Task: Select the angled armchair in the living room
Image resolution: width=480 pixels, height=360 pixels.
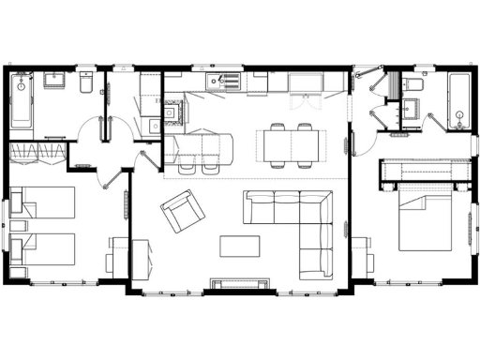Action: pos(183,211)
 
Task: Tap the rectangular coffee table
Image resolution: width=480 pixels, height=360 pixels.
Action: pos(240,245)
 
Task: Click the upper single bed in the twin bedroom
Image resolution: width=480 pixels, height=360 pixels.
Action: pos(42,202)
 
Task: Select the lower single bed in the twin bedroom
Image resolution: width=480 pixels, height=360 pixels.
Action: pos(42,249)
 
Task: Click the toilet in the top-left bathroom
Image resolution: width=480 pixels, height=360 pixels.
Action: pos(85,84)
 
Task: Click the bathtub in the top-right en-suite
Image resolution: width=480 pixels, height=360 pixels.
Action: pos(457,101)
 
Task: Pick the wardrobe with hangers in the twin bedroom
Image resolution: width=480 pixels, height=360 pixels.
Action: pos(38,153)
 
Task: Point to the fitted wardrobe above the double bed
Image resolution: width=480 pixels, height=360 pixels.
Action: pos(423,171)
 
